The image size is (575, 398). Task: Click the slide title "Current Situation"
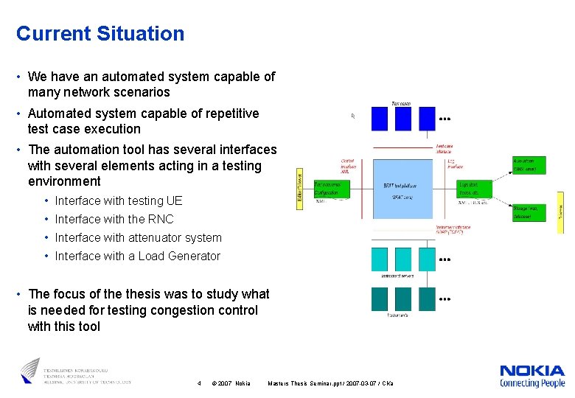tap(100, 34)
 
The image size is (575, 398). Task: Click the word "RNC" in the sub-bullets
tap(161, 219)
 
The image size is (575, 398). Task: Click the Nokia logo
tap(532, 375)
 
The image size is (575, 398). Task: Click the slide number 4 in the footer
tap(200, 383)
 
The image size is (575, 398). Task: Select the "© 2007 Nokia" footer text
tap(231, 383)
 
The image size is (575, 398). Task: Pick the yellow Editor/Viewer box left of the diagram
tap(300, 186)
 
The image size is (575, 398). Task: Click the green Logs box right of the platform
tap(474, 188)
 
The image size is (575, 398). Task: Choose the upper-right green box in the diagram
tap(529, 164)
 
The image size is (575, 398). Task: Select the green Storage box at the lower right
tap(529, 212)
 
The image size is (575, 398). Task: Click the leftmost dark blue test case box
tap(379, 119)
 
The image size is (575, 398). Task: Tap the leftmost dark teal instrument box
tap(379, 298)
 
